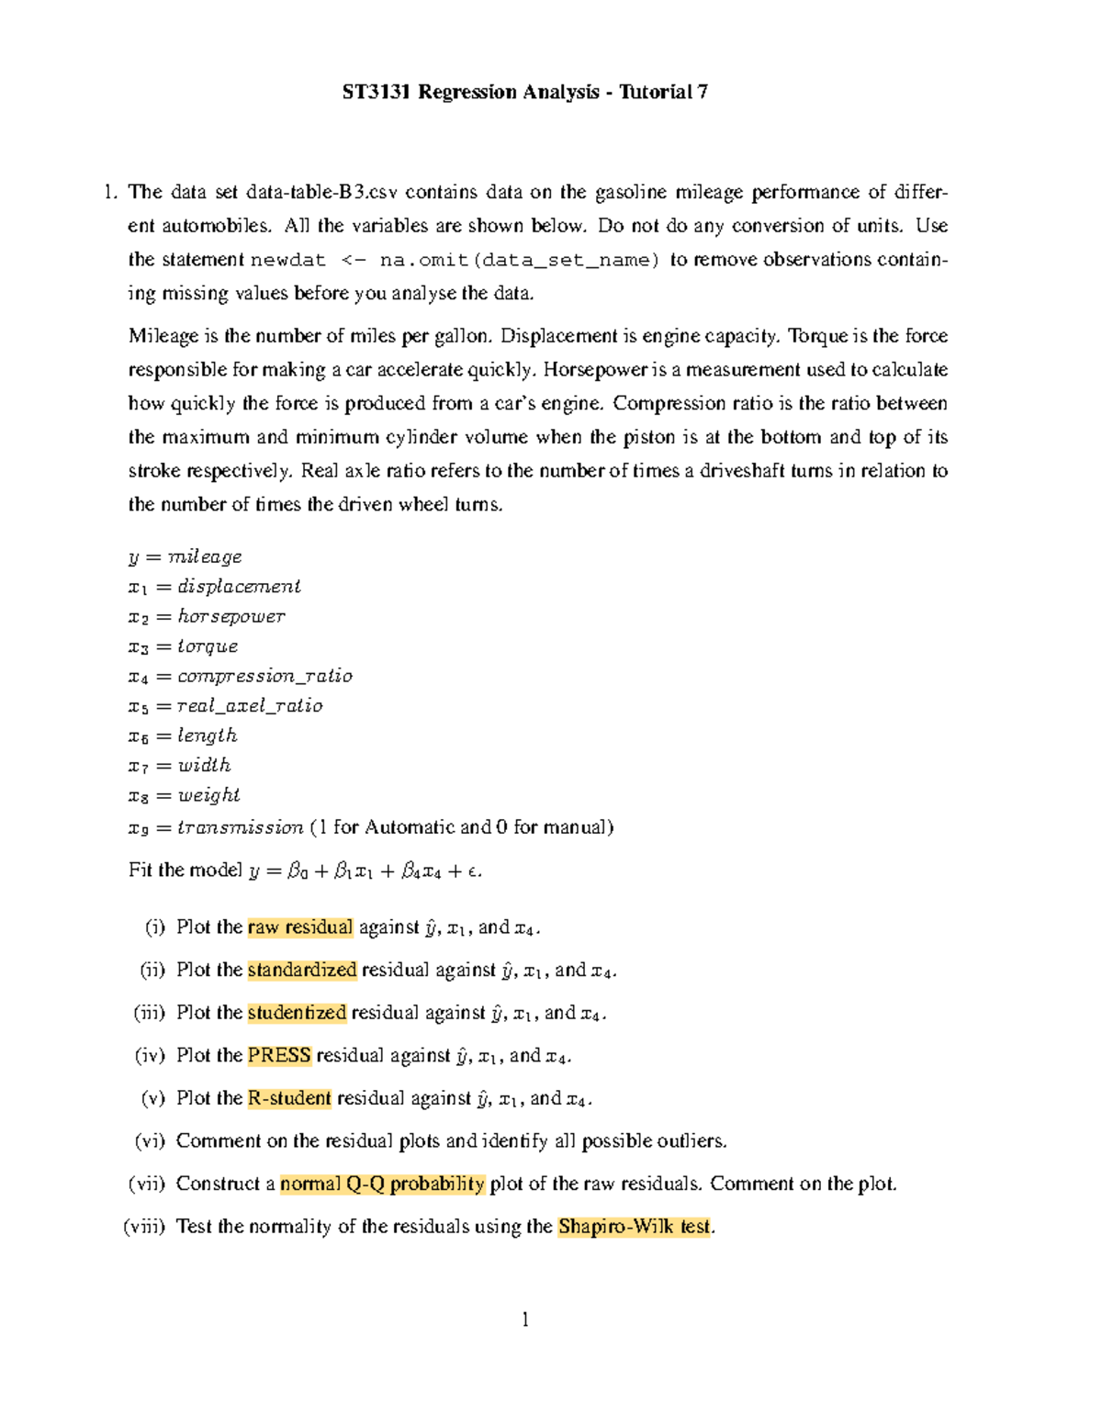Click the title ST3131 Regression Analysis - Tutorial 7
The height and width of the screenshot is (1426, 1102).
(x=524, y=92)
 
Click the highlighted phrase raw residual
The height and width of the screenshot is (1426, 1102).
(x=300, y=927)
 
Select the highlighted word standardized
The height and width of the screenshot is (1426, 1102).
(x=302, y=970)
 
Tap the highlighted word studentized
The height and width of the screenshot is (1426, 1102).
(x=297, y=1013)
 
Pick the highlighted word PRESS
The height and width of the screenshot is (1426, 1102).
(x=279, y=1055)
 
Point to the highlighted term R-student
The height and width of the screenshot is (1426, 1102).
(x=289, y=1098)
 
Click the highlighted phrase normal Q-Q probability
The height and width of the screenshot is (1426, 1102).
(x=382, y=1184)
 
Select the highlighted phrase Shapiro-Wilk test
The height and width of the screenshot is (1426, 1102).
(x=635, y=1227)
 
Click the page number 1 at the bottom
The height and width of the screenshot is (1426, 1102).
(x=525, y=1320)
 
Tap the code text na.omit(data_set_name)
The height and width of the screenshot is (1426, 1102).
(x=520, y=261)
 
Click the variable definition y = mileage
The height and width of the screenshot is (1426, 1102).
(x=185, y=557)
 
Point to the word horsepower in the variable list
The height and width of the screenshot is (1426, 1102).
(x=231, y=616)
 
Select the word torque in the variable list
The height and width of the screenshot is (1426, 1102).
(x=208, y=646)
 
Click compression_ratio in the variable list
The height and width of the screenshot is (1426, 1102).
(x=264, y=676)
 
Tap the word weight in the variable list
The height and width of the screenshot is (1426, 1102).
(x=208, y=795)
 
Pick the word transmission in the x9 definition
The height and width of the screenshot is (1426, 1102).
(x=240, y=827)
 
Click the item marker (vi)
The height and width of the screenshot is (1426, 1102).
(x=150, y=1141)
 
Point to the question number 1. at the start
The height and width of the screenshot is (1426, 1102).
(x=110, y=193)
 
